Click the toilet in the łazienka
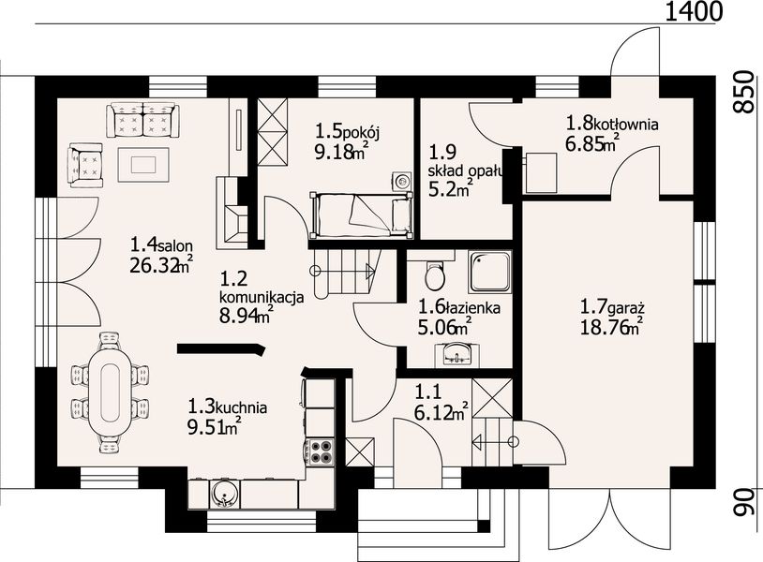pos(434,275)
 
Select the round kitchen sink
pos(224,494)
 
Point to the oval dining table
pos(110,393)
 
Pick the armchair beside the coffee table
pos(85,164)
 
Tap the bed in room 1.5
pos(361,214)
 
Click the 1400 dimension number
pos(693,10)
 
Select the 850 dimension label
pos(744,92)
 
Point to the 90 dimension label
pos(744,503)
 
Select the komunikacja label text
pos(262,297)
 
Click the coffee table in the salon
pos(143,164)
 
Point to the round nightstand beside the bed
pos(402,182)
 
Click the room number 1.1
pos(428,392)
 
